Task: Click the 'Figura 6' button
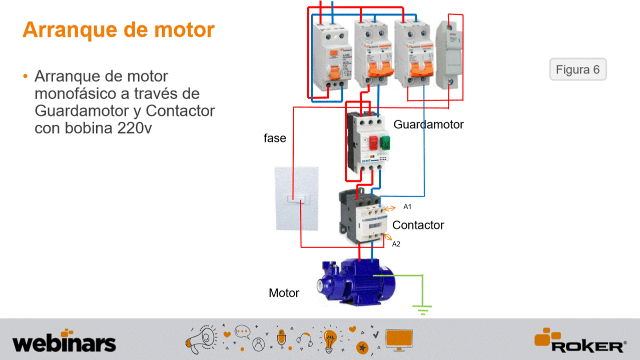click(x=577, y=69)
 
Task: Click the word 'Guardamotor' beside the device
click(x=428, y=124)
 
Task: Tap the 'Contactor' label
click(x=418, y=225)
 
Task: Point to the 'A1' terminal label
click(x=407, y=206)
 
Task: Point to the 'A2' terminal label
click(x=396, y=244)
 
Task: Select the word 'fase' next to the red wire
click(x=275, y=138)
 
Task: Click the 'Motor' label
click(x=284, y=293)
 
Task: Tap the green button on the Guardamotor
click(x=385, y=143)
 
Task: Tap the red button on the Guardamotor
click(x=373, y=143)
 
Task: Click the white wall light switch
click(x=296, y=198)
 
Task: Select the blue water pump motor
click(x=355, y=282)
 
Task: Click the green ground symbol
click(x=423, y=309)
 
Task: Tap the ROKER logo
click(x=580, y=341)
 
